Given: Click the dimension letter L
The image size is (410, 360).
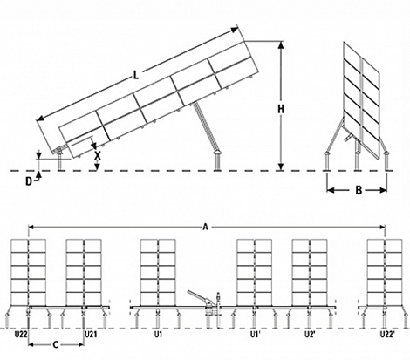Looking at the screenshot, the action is [x=136, y=75].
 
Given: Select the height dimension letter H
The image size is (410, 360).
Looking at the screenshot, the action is [x=281, y=109].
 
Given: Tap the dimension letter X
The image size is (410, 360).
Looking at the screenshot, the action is [x=98, y=156].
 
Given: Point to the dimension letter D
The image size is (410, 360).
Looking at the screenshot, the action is [x=29, y=181].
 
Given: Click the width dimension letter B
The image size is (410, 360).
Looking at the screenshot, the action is [x=359, y=190].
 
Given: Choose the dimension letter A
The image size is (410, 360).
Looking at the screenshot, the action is [x=206, y=227].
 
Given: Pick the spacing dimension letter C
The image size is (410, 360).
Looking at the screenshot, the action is [x=56, y=345].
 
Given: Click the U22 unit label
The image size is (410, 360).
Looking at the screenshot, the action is [x=21, y=335].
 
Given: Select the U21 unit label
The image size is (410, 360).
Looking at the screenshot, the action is [x=91, y=335].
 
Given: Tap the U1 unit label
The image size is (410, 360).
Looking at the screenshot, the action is [x=158, y=335].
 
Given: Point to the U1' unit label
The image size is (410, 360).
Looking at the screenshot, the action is [x=256, y=335].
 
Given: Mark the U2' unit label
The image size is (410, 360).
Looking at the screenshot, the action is [x=310, y=335].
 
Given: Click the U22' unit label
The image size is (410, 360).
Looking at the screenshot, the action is [x=387, y=335].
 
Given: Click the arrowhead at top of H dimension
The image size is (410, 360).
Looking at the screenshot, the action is [x=281, y=44].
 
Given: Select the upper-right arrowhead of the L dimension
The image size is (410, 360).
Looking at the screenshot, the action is [x=235, y=30].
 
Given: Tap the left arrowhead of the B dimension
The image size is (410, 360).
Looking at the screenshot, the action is [x=331, y=190].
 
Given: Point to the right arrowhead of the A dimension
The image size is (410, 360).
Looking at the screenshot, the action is [x=382, y=227].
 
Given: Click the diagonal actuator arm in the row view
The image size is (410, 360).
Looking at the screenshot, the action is [x=197, y=296].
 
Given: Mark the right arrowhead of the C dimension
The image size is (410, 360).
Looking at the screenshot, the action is [x=80, y=345].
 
